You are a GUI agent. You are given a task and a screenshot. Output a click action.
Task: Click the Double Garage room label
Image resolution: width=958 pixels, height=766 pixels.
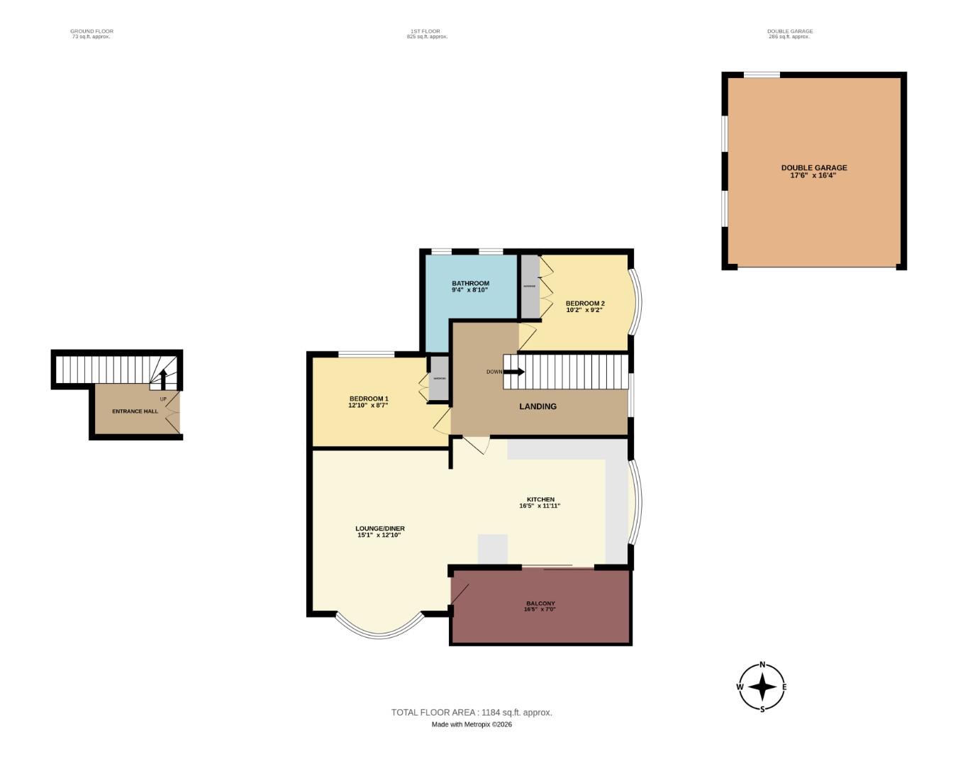click(813, 168)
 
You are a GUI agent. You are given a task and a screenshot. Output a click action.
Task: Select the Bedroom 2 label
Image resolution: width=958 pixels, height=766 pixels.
click(585, 303)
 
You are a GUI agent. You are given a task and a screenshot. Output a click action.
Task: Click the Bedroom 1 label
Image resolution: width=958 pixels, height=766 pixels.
click(368, 399)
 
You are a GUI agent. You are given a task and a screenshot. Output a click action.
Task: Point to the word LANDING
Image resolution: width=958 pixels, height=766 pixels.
click(538, 406)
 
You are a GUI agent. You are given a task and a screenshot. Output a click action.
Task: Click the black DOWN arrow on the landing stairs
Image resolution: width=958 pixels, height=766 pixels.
click(514, 372)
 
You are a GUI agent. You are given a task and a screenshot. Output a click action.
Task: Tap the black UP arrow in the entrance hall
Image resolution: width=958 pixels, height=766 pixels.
click(163, 379)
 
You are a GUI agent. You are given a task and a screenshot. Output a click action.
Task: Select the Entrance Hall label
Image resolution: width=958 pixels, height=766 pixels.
click(135, 411)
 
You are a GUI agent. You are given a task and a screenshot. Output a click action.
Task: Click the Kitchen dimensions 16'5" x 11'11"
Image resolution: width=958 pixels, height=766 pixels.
click(540, 506)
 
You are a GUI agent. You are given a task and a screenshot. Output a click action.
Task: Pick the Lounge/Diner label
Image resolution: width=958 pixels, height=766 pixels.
click(380, 528)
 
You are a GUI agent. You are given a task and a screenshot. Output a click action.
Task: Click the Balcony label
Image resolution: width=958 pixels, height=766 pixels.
click(540, 604)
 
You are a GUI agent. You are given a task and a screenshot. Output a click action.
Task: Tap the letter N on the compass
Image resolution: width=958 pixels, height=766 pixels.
click(762, 665)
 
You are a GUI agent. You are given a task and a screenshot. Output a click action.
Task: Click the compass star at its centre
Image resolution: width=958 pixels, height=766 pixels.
click(762, 687)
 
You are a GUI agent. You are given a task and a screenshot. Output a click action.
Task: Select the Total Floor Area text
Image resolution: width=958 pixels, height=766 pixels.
click(472, 712)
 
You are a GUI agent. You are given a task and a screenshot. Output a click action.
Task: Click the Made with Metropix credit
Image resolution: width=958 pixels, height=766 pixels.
click(472, 724)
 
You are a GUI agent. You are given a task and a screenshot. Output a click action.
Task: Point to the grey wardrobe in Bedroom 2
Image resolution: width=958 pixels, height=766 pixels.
click(529, 286)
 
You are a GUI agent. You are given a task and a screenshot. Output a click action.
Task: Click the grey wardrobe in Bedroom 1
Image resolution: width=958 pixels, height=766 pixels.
click(439, 379)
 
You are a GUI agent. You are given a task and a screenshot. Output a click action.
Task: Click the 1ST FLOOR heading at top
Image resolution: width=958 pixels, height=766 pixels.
click(425, 31)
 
